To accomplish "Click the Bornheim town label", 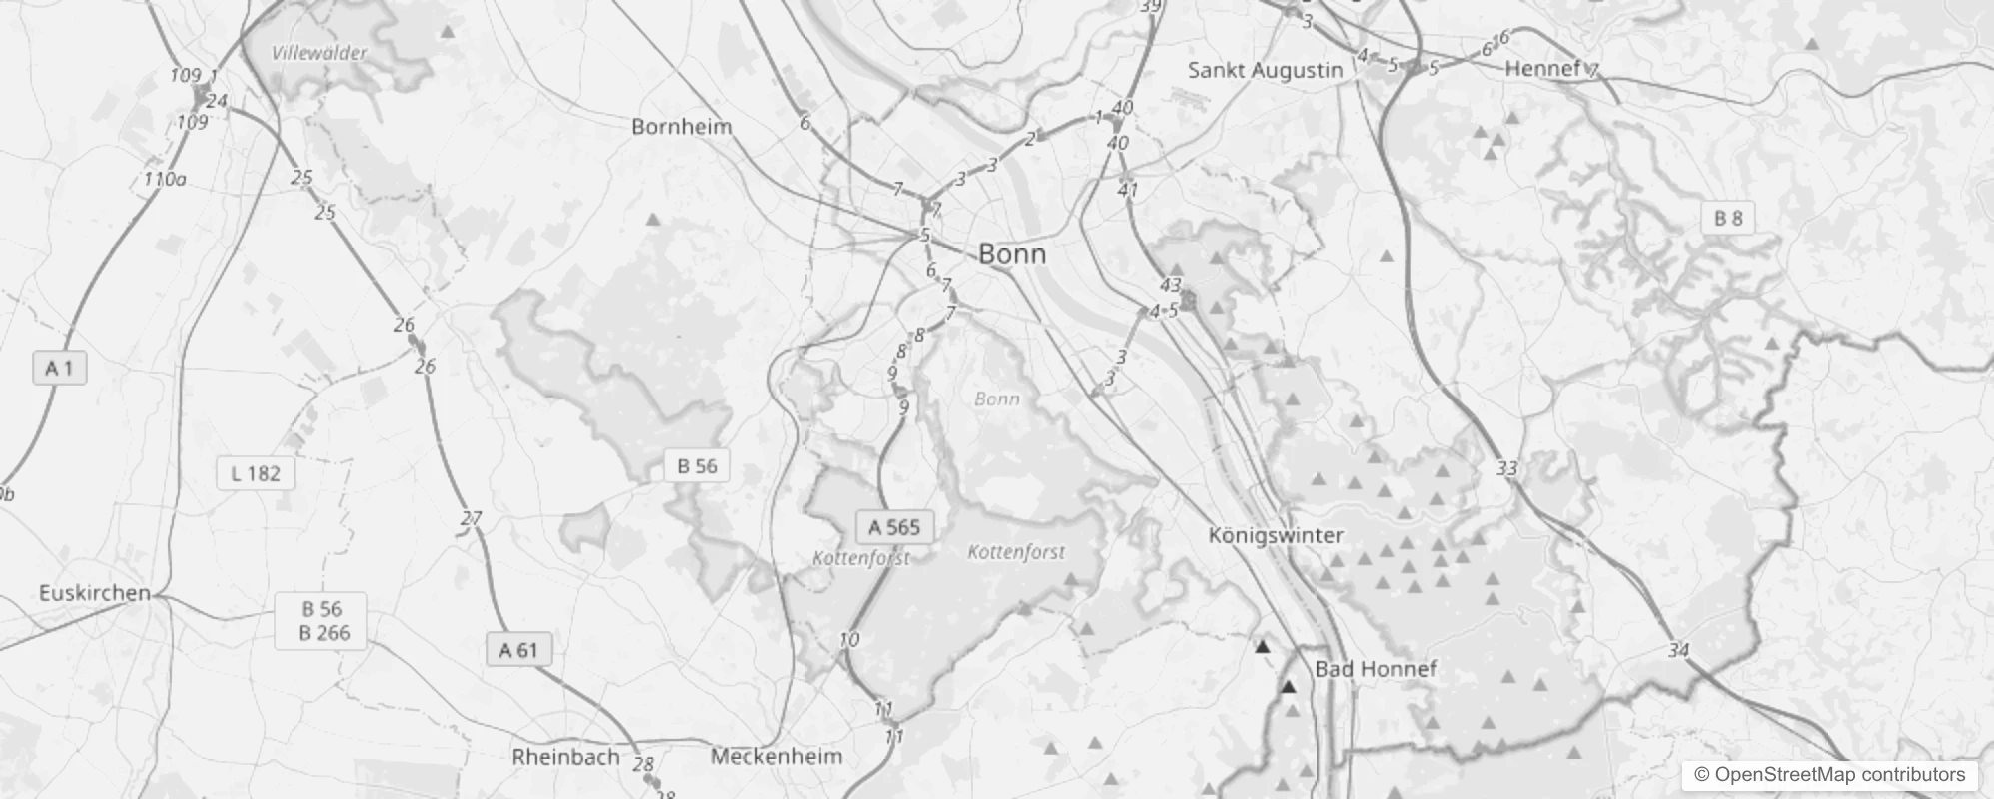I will click(681, 127).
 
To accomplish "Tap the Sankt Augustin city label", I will click(1265, 70).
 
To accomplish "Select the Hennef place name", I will click(1542, 68).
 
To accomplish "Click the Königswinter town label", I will click(1276, 535).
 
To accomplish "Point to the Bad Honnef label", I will click(1376, 669).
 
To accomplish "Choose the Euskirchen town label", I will click(94, 593).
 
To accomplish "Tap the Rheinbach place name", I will click(565, 757).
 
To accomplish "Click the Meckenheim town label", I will click(776, 757).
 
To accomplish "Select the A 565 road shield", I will click(894, 527).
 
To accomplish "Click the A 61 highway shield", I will click(518, 651).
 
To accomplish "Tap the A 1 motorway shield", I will click(60, 369).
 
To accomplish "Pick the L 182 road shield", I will click(256, 473).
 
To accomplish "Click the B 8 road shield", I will click(1728, 218).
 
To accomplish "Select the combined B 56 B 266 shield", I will click(322, 620).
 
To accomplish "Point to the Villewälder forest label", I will click(320, 54).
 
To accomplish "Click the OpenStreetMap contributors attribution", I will click(1829, 775).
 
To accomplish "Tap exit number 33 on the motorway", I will click(1507, 468).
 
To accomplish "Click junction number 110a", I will click(165, 180).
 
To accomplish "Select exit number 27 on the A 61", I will click(471, 518).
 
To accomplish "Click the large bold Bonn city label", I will click(1012, 254).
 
